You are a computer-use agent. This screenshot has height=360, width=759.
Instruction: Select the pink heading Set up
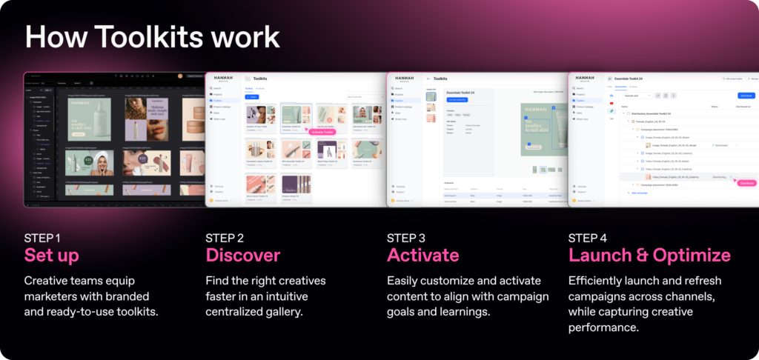(x=52, y=256)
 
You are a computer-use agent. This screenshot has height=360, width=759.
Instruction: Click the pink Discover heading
(x=243, y=256)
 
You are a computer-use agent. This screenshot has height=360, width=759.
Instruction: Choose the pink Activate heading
(x=422, y=256)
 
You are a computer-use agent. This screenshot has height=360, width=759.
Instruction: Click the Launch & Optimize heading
(x=649, y=256)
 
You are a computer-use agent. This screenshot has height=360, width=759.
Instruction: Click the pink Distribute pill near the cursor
(x=746, y=182)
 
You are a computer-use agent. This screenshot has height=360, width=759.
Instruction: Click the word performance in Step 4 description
(x=604, y=327)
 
